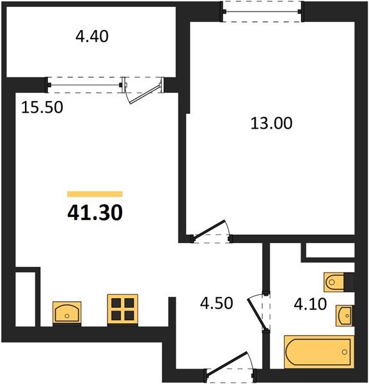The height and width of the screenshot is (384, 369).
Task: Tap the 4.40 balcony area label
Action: coord(92,36)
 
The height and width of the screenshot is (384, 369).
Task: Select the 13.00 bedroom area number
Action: coord(271,123)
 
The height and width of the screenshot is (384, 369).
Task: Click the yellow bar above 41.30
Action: coord(95,193)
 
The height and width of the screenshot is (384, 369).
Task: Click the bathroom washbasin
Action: coord(345,314)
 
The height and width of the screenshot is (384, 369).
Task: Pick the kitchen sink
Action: coord(66,313)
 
